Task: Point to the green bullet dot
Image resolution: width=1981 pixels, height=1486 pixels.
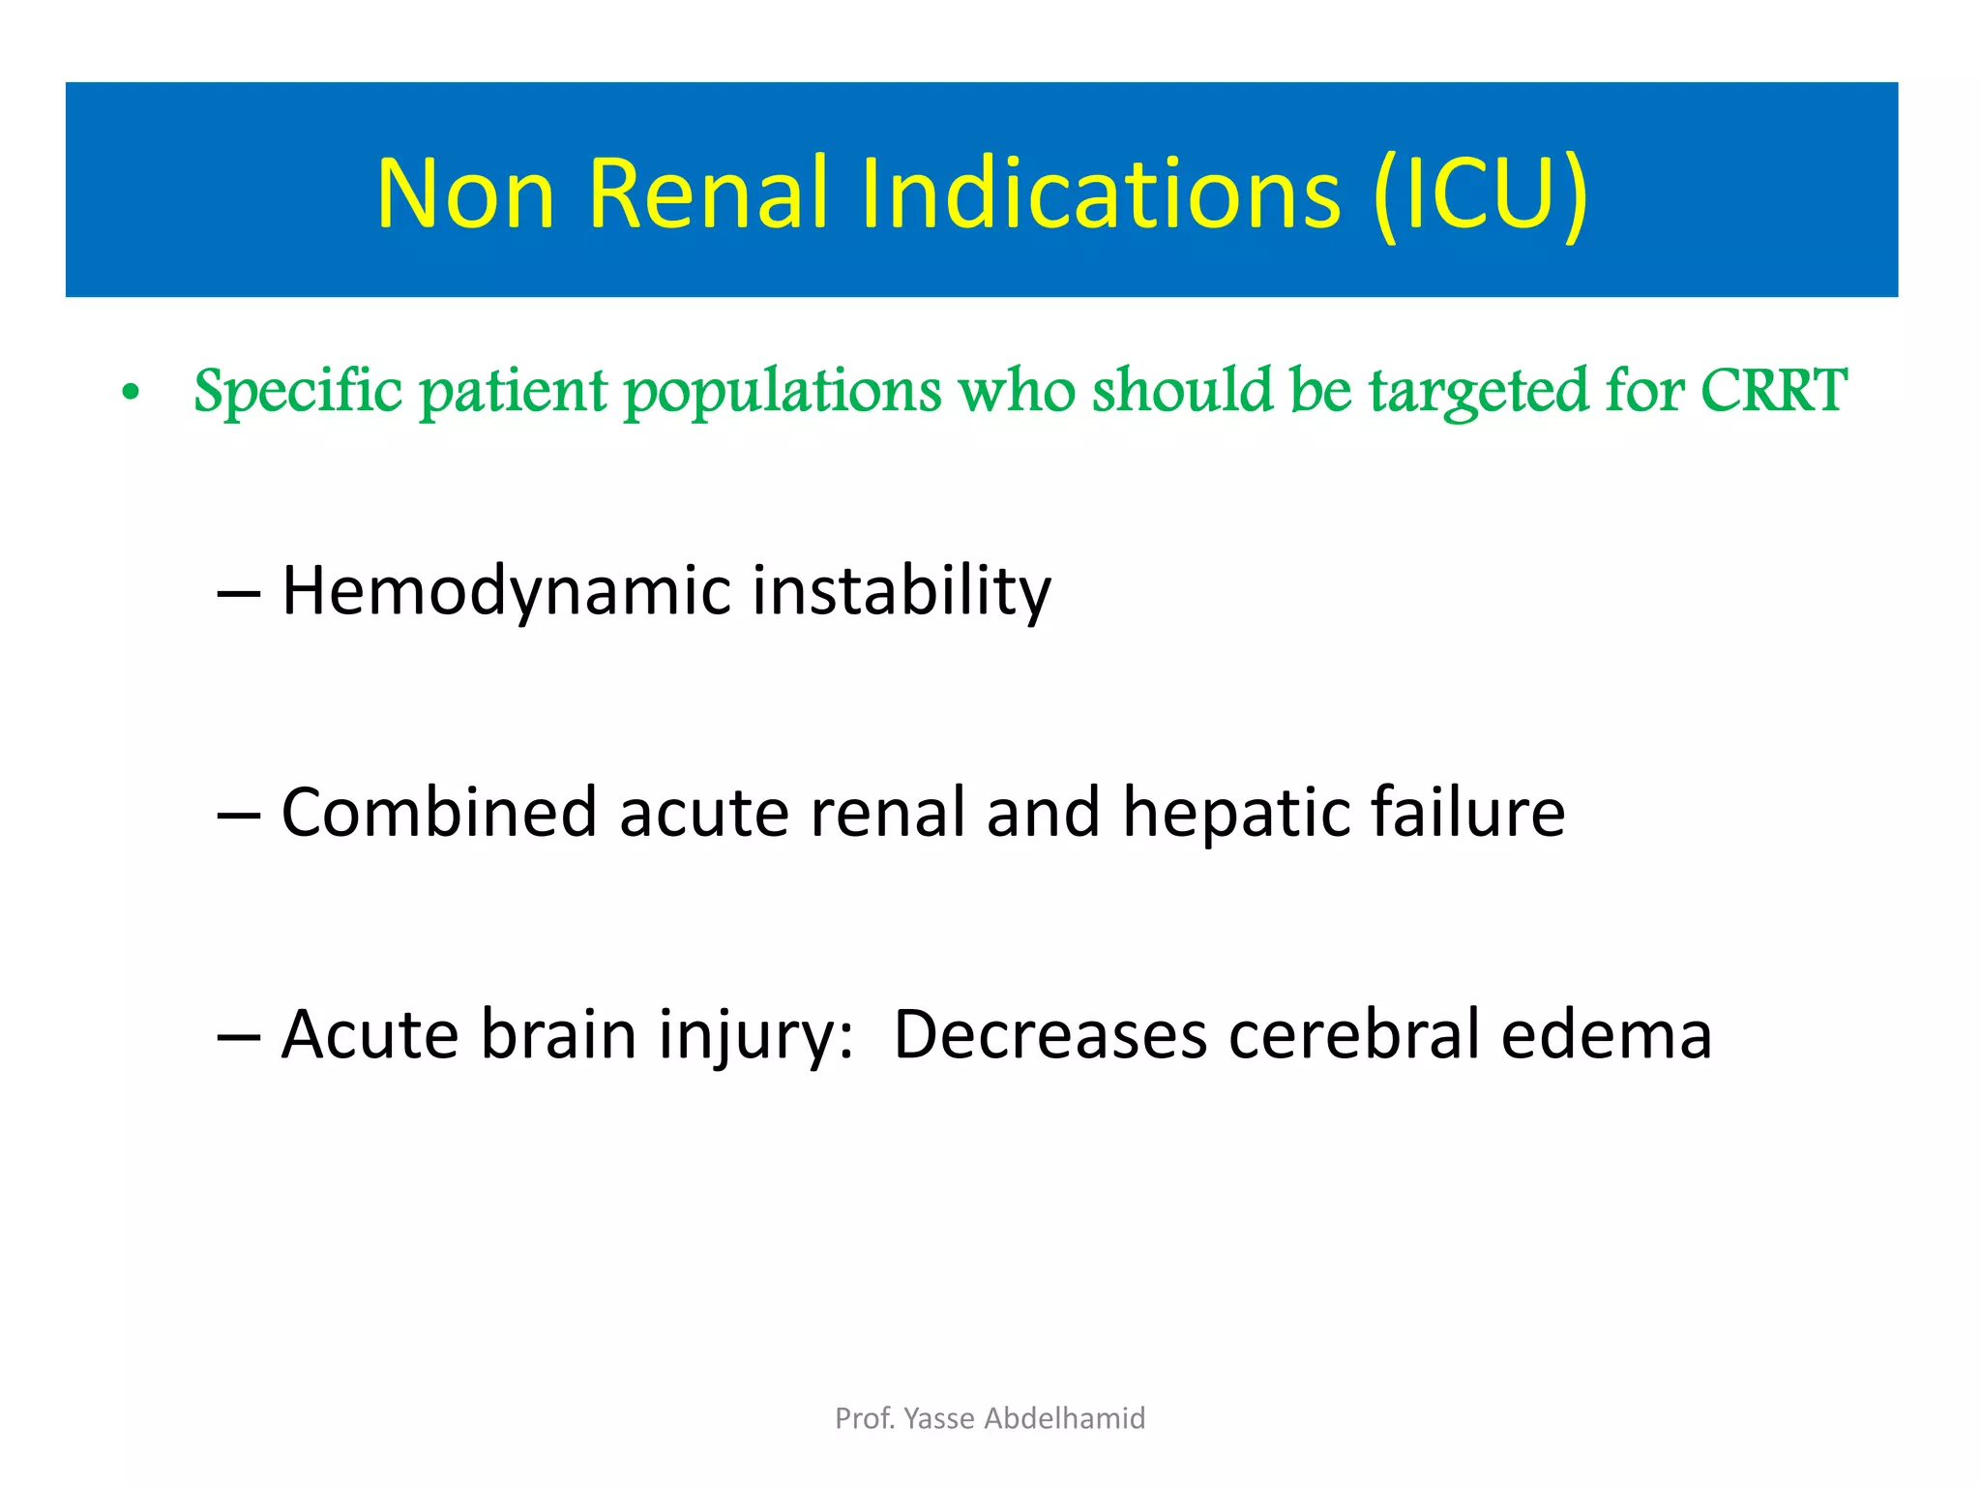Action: (x=132, y=394)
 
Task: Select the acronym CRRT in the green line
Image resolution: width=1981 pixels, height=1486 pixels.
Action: (x=1773, y=390)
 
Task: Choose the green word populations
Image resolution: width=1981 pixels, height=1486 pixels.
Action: (x=782, y=392)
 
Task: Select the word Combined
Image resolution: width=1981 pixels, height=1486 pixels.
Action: (x=438, y=812)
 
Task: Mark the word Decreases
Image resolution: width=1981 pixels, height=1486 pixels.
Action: (x=1050, y=1035)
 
